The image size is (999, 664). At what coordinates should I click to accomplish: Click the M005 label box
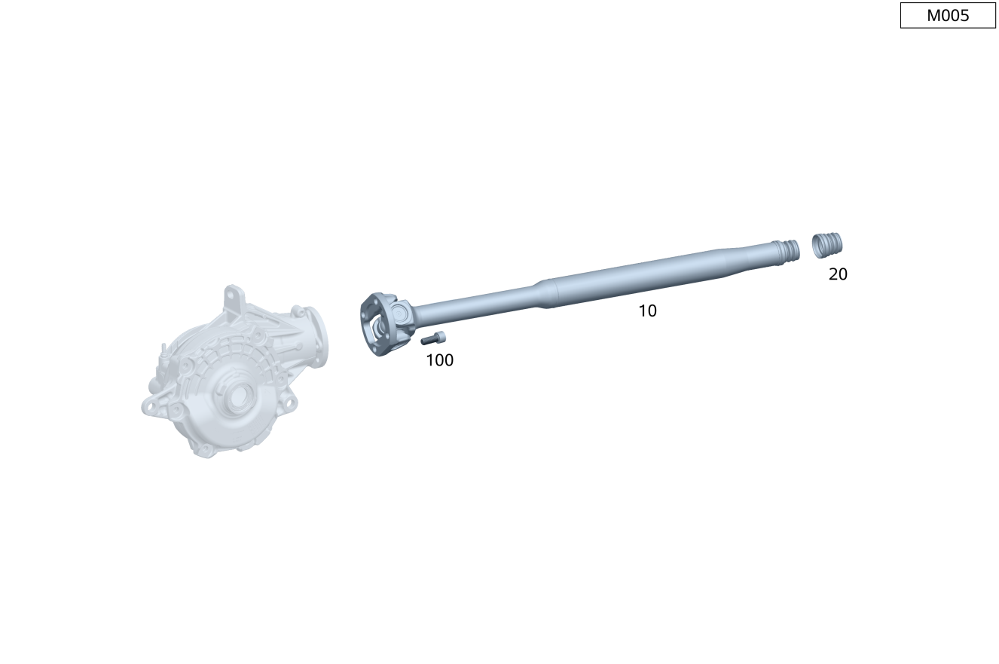click(x=948, y=16)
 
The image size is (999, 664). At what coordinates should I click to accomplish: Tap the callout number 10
click(x=647, y=311)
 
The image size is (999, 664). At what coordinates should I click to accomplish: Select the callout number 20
click(x=838, y=274)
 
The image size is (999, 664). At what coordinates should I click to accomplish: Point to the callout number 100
click(x=439, y=360)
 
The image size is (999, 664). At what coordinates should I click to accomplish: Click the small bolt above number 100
click(x=432, y=338)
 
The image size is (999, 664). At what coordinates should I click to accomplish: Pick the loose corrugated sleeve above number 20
click(x=827, y=245)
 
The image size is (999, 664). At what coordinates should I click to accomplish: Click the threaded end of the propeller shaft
click(x=787, y=252)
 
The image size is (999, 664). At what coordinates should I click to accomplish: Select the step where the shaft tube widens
click(x=546, y=294)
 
